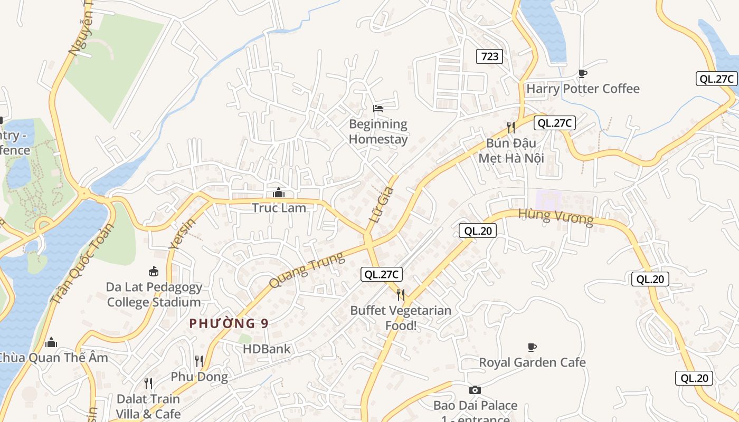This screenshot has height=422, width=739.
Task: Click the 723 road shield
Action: point(490,56)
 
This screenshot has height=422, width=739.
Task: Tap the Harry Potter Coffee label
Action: point(583,89)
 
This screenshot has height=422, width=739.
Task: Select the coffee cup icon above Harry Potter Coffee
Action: point(583,73)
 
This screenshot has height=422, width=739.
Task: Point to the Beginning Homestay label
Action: point(378,132)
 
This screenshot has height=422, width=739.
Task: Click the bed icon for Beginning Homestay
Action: point(378,109)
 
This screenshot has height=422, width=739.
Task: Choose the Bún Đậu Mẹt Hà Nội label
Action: point(511,150)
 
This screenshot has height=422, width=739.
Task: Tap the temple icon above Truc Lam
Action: point(279,193)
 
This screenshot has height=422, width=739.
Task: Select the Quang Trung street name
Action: point(307,270)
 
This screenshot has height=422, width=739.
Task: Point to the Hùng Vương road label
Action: point(555,216)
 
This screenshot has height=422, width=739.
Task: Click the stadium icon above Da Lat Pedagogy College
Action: point(154,272)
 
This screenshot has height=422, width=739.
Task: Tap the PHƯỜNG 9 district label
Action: point(229,323)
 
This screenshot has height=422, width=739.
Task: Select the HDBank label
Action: point(267,349)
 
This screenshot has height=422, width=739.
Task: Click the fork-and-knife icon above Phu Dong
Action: point(199,361)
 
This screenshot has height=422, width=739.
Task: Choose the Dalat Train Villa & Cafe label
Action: point(148,406)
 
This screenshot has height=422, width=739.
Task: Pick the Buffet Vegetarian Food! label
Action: point(401,318)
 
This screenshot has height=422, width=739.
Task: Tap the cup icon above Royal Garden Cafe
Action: point(532,347)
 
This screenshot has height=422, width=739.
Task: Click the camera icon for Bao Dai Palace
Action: point(475,390)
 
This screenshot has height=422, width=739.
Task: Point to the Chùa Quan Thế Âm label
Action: point(53,358)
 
